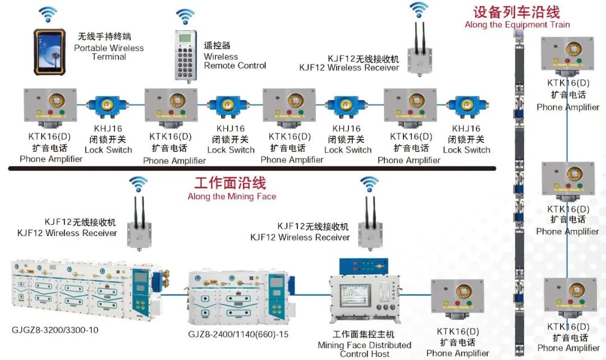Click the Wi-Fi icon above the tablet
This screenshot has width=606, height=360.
(48, 13)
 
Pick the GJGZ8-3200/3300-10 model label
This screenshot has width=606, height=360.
(55, 330)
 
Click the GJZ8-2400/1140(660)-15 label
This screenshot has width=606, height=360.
(238, 335)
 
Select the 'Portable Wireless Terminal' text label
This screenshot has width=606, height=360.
(109, 48)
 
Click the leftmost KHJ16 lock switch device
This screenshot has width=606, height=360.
(108, 107)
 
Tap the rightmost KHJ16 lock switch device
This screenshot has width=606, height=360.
(466, 107)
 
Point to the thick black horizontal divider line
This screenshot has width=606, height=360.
(252, 168)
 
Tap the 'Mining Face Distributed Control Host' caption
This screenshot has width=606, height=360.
(364, 345)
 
